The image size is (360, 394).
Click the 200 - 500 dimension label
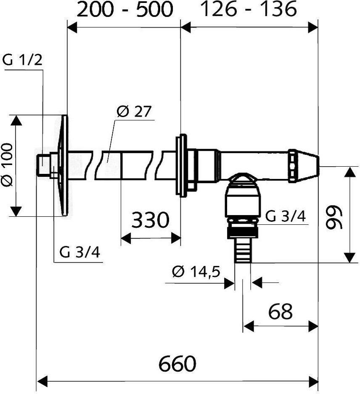(x=124, y=10)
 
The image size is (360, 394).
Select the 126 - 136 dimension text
(x=248, y=9)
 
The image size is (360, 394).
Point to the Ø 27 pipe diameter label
(x=134, y=112)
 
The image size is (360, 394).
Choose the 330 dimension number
(x=150, y=220)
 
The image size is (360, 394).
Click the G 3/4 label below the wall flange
(x=79, y=252)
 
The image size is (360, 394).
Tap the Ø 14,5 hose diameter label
(x=196, y=272)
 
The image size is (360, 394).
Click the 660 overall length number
(x=177, y=364)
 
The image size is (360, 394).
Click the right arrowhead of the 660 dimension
(x=313, y=382)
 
